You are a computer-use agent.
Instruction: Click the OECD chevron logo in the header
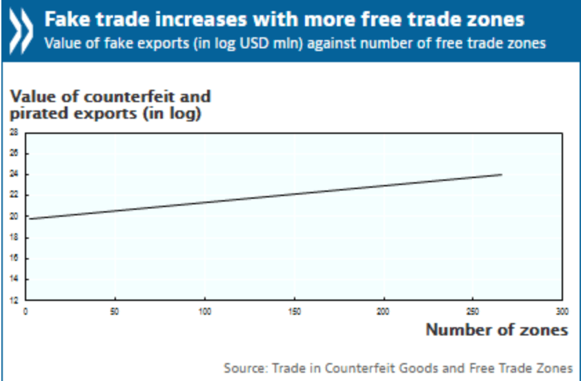pos(21,30)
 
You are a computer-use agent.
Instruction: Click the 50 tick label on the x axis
pos(115,311)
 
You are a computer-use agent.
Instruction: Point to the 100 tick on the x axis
pos(205,311)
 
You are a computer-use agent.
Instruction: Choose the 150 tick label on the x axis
pos(295,311)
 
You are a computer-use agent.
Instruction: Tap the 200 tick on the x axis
pos(384,311)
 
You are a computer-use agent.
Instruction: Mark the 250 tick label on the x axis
pos(473,311)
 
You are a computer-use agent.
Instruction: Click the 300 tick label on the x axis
pos(562,311)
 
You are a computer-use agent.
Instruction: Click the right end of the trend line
pos(501,175)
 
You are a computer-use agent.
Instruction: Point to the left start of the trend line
pos(30,219)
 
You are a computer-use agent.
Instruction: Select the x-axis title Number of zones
pos(497,330)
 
